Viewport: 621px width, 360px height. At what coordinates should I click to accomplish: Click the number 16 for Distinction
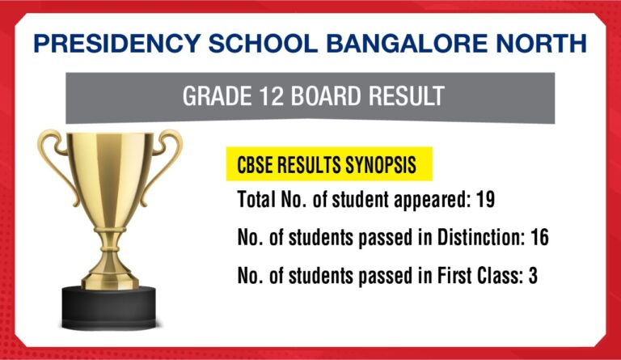(540, 239)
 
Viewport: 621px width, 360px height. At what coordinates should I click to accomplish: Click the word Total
(257, 199)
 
